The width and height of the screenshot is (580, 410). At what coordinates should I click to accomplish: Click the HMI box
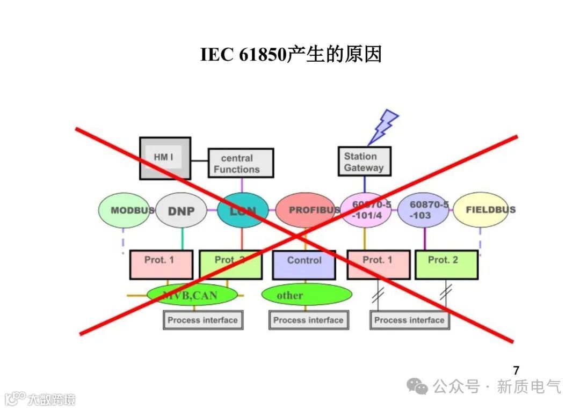click(165, 158)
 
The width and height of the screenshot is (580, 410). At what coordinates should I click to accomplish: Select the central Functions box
click(241, 163)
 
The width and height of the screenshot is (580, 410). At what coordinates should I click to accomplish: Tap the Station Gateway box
click(364, 162)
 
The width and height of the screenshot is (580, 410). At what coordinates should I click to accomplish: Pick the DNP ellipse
click(181, 210)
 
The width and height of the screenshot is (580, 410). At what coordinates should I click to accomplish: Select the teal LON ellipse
click(242, 210)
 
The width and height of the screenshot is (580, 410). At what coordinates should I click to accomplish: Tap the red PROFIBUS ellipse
click(307, 210)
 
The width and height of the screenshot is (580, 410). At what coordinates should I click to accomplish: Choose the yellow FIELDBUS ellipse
click(481, 209)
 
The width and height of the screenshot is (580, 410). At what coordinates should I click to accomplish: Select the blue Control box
click(304, 265)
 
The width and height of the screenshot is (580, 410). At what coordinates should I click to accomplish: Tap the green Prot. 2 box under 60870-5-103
click(446, 265)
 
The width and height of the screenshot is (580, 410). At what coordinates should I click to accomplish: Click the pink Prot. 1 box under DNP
click(161, 265)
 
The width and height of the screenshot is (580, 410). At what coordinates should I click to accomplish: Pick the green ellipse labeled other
click(307, 295)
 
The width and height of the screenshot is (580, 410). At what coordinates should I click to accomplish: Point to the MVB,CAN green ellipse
click(192, 295)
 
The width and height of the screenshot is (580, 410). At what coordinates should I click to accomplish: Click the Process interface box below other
click(308, 320)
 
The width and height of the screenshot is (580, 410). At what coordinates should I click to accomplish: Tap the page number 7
click(516, 370)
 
